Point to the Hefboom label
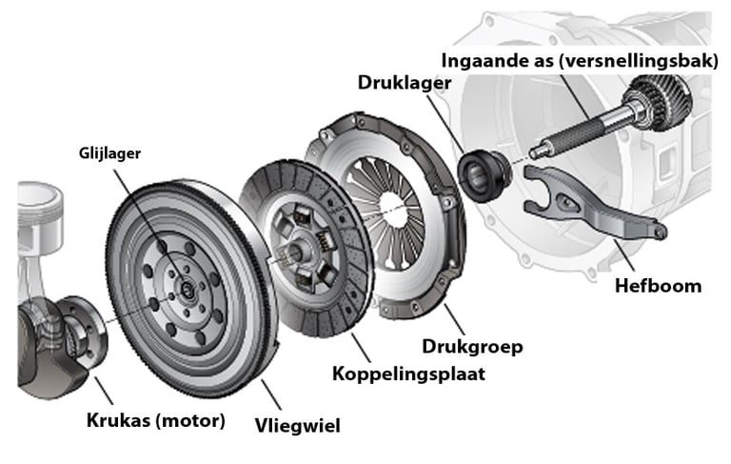click(x=658, y=285)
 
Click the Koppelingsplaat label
click(x=408, y=373)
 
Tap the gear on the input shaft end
click(x=656, y=101)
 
